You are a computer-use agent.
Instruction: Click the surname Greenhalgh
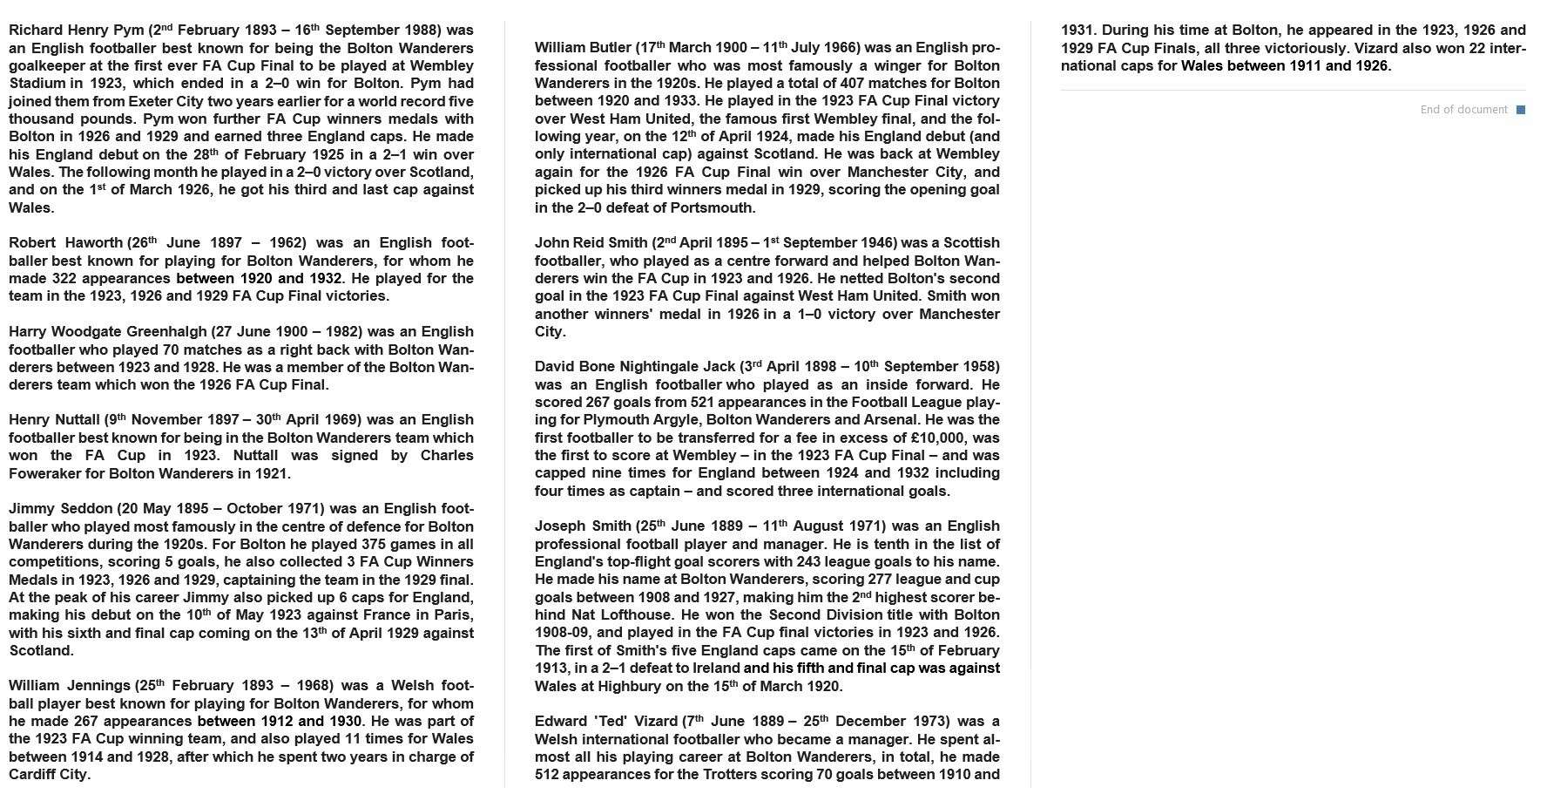(x=166, y=332)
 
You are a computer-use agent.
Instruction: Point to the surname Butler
(x=606, y=48)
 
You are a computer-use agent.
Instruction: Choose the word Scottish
(x=971, y=243)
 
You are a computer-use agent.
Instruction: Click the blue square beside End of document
(x=1521, y=110)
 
